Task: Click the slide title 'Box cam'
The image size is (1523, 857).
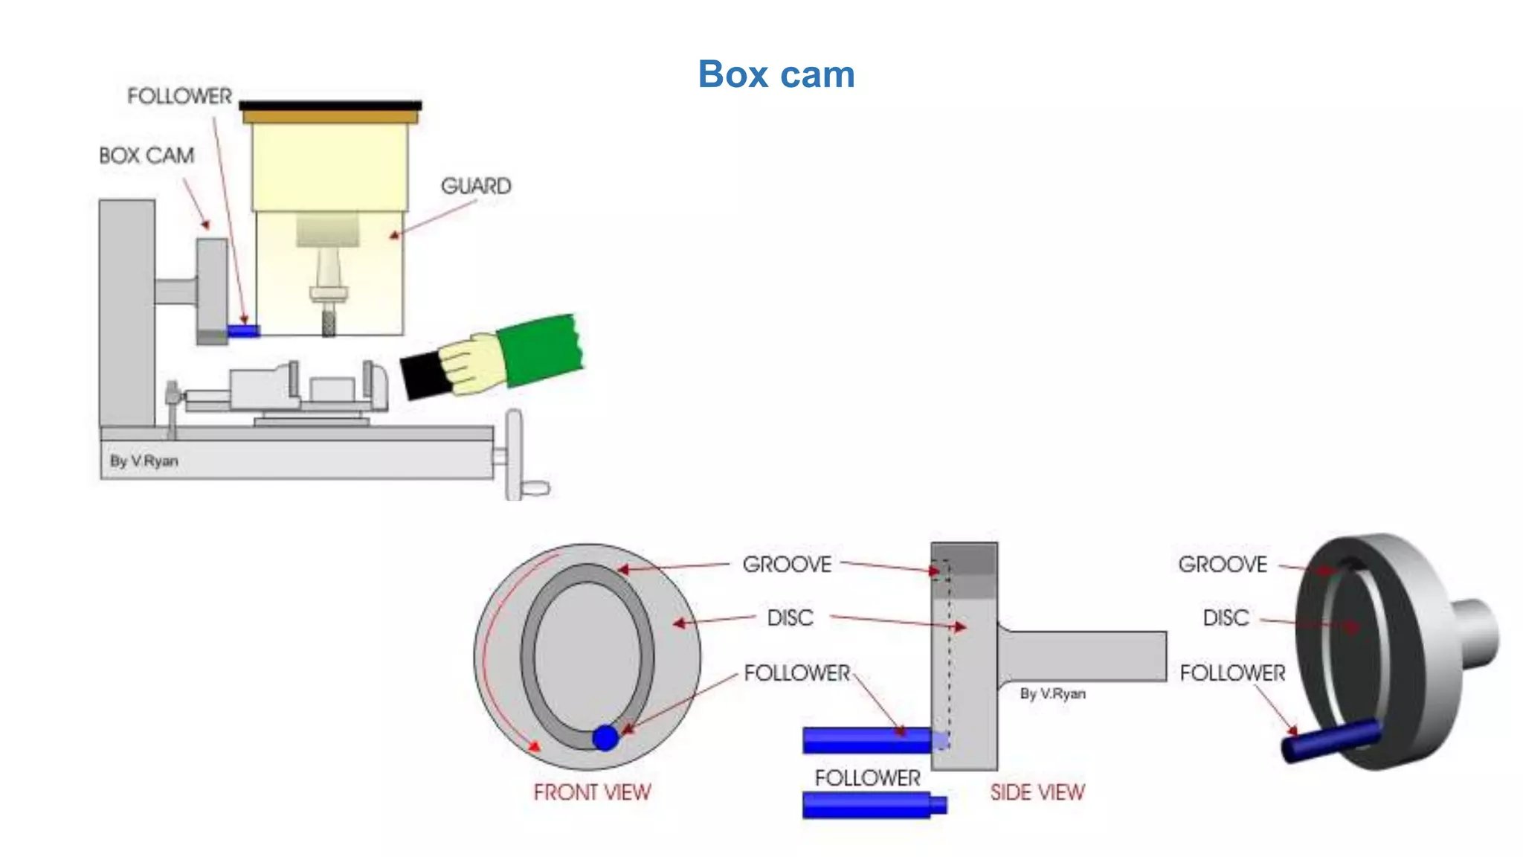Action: (x=776, y=75)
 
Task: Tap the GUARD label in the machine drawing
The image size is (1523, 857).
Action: (x=476, y=186)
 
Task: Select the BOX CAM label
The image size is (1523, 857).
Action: (x=146, y=155)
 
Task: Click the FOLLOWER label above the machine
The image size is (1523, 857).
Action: (x=179, y=97)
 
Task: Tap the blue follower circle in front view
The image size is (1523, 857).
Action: (x=605, y=737)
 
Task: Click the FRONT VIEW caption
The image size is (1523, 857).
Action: (x=592, y=792)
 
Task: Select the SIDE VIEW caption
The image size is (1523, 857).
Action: (x=1037, y=792)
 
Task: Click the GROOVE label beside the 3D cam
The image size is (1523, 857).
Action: (x=1223, y=565)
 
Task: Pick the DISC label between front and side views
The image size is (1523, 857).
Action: (x=790, y=618)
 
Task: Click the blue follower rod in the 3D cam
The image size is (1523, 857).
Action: (x=1331, y=740)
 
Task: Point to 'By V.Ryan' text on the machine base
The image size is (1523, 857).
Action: (x=144, y=461)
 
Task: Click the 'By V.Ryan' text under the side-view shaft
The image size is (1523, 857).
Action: (x=1052, y=694)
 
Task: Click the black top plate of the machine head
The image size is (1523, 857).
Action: (x=330, y=106)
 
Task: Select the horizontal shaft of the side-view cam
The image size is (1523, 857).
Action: (x=1086, y=655)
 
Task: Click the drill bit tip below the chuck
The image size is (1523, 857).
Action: (x=328, y=324)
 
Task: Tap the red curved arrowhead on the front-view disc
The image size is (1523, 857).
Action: (x=533, y=745)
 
